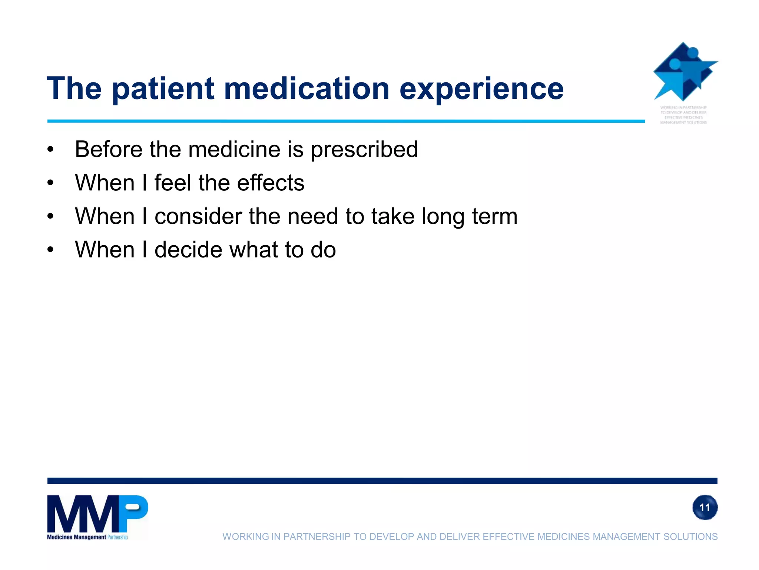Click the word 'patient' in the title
tap(163, 89)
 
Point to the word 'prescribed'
tap(364, 150)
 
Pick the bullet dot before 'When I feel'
tap(50, 183)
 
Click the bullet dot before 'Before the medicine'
tap(50, 150)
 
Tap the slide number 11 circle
tap(705, 507)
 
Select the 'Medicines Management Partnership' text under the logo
tap(87, 537)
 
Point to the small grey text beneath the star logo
tap(683, 115)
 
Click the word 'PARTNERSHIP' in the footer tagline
tap(316, 537)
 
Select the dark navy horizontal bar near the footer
tap(382, 481)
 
